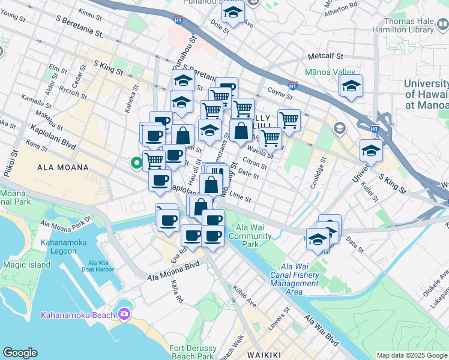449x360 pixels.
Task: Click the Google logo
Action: (x=20, y=353)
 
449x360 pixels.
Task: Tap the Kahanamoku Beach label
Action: (x=79, y=316)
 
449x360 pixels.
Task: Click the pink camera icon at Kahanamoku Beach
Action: (x=124, y=313)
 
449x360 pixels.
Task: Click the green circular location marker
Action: (x=137, y=161)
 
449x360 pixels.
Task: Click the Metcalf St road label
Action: (x=324, y=56)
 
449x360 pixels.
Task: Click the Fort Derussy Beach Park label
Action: (x=193, y=352)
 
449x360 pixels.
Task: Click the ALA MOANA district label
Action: (x=62, y=167)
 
